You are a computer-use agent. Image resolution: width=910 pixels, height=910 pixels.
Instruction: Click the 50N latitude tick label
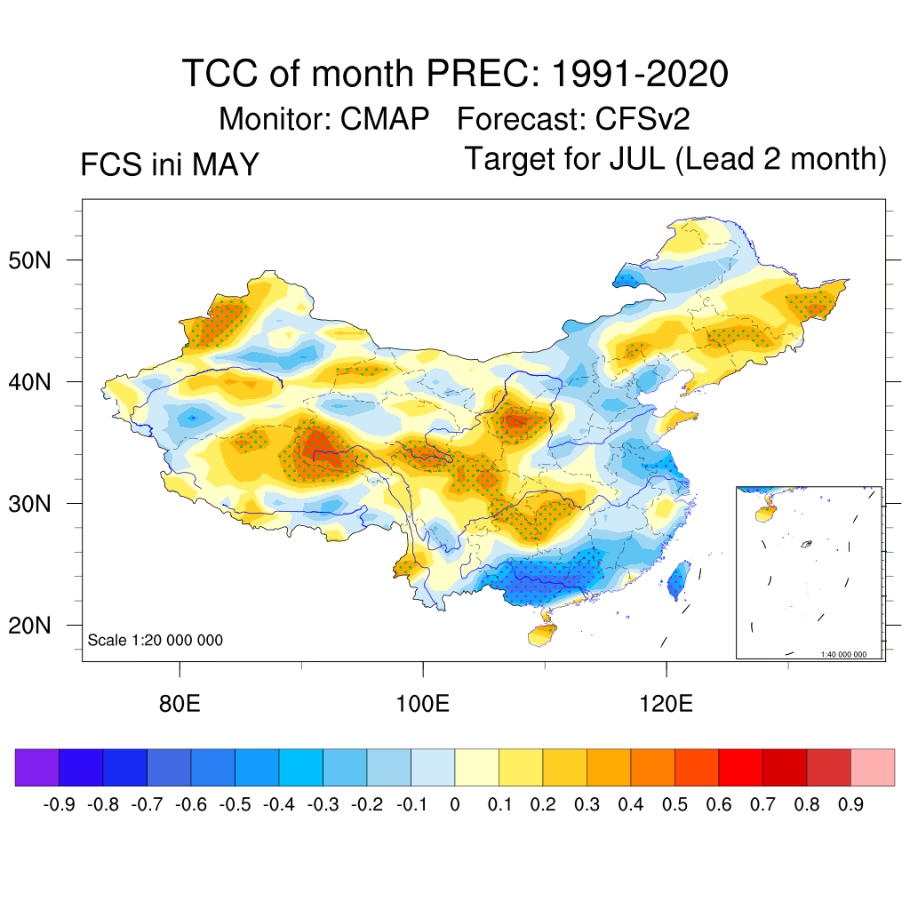coord(29,260)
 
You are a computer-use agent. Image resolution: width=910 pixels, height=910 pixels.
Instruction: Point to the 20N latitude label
coord(29,626)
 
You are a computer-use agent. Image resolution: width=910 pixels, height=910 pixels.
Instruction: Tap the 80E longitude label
coord(180,704)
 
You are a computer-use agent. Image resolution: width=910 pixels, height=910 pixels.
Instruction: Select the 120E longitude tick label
coord(667,704)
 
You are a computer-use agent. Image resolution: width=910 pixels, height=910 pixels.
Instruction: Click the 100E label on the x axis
coord(422,704)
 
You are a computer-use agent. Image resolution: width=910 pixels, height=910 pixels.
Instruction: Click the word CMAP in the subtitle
coord(384,119)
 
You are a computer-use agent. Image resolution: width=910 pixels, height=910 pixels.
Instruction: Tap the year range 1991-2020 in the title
coord(640,74)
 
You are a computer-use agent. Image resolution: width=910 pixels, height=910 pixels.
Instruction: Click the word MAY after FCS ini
coord(225,164)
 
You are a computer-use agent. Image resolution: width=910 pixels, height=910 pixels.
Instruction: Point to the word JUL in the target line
coord(636,158)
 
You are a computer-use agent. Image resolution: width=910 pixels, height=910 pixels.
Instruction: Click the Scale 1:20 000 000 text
coord(155,640)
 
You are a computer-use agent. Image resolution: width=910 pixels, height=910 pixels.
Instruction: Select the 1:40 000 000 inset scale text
coord(843,654)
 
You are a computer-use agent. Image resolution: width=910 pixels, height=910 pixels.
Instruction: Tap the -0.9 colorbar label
coord(59,804)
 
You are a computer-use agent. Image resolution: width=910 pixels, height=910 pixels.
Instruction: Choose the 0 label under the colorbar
coord(455,804)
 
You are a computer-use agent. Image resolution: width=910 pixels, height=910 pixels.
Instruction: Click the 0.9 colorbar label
coord(850,804)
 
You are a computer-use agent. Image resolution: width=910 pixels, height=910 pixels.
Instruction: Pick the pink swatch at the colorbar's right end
coord(873,767)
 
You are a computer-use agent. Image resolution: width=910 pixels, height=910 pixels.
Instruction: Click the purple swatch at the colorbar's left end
coord(37,767)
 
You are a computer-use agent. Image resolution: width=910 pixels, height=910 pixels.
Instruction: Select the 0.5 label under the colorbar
coord(675,804)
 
